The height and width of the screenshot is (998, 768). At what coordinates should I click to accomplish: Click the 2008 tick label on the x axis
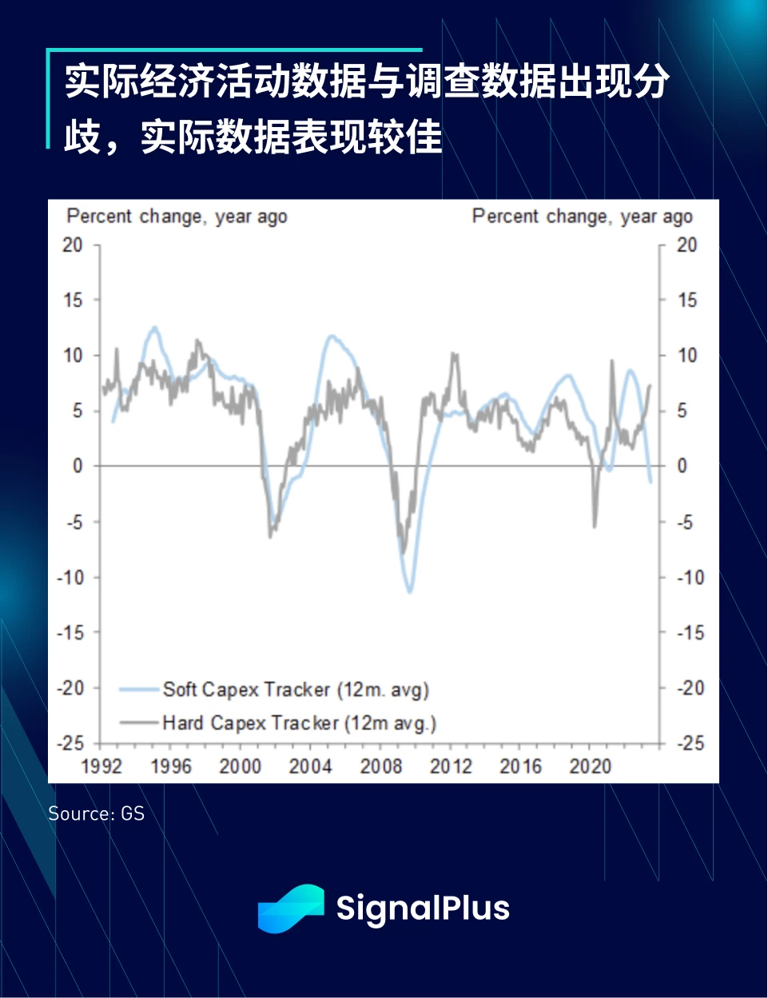pyautogui.click(x=380, y=766)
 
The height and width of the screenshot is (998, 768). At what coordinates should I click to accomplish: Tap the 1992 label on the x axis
pyautogui.click(x=101, y=766)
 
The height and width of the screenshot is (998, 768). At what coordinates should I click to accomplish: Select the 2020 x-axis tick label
pyautogui.click(x=590, y=766)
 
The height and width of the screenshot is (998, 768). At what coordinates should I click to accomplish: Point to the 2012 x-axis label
pyautogui.click(x=451, y=766)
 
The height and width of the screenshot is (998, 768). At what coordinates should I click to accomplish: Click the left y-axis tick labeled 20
pyautogui.click(x=72, y=245)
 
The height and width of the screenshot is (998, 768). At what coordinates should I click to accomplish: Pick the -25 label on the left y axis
pyautogui.click(x=70, y=743)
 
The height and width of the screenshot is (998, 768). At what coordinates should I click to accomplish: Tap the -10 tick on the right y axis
pyautogui.click(x=690, y=577)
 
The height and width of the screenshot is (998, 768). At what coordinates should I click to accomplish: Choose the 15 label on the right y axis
pyautogui.click(x=687, y=300)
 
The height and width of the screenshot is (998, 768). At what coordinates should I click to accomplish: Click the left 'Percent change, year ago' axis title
pyautogui.click(x=177, y=217)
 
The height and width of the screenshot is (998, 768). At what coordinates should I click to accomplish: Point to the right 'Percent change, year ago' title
pyautogui.click(x=582, y=217)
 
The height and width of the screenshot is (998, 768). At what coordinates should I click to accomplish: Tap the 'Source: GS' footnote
pyautogui.click(x=96, y=813)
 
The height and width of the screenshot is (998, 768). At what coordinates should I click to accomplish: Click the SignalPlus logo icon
pyautogui.click(x=291, y=909)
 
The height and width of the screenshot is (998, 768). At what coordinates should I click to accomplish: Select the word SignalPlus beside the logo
pyautogui.click(x=423, y=909)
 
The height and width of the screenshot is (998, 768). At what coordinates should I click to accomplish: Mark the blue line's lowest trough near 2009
pyautogui.click(x=410, y=592)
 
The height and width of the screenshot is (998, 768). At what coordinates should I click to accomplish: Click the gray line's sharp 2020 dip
pyautogui.click(x=595, y=527)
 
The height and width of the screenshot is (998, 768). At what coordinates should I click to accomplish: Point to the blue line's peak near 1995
pyautogui.click(x=154, y=327)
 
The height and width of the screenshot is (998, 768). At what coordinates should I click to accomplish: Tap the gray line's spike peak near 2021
pyautogui.click(x=612, y=360)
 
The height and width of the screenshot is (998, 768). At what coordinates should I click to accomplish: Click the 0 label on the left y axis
pyautogui.click(x=78, y=466)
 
